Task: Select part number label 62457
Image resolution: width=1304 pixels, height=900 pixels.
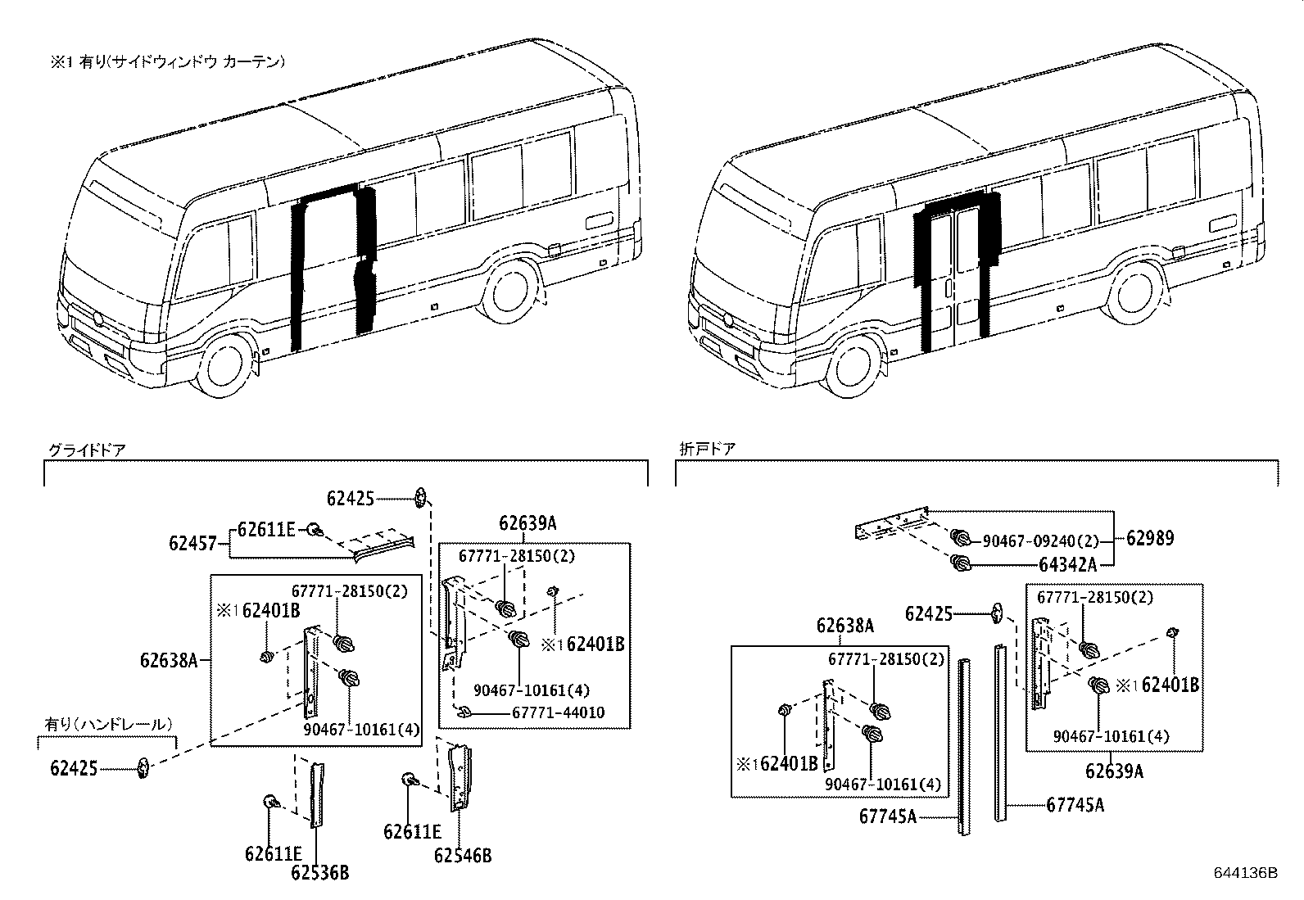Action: pos(193,542)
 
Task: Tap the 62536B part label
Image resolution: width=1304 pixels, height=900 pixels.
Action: pos(319,873)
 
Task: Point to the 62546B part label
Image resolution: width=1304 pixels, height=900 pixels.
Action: pos(463,856)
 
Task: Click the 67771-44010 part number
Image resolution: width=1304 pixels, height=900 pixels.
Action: pos(558,712)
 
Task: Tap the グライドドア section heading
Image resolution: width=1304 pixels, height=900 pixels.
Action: pos(86,449)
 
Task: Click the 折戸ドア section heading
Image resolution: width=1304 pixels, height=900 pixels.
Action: pos(707,449)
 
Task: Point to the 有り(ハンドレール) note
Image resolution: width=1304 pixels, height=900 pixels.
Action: pos(108,724)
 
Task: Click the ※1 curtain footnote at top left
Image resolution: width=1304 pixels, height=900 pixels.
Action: pos(167,61)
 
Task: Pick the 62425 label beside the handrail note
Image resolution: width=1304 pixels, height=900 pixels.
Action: pos(74,767)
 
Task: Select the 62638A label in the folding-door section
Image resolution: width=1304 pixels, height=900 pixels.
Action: pos(844,626)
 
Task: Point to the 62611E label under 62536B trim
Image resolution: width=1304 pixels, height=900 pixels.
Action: pos(273,853)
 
